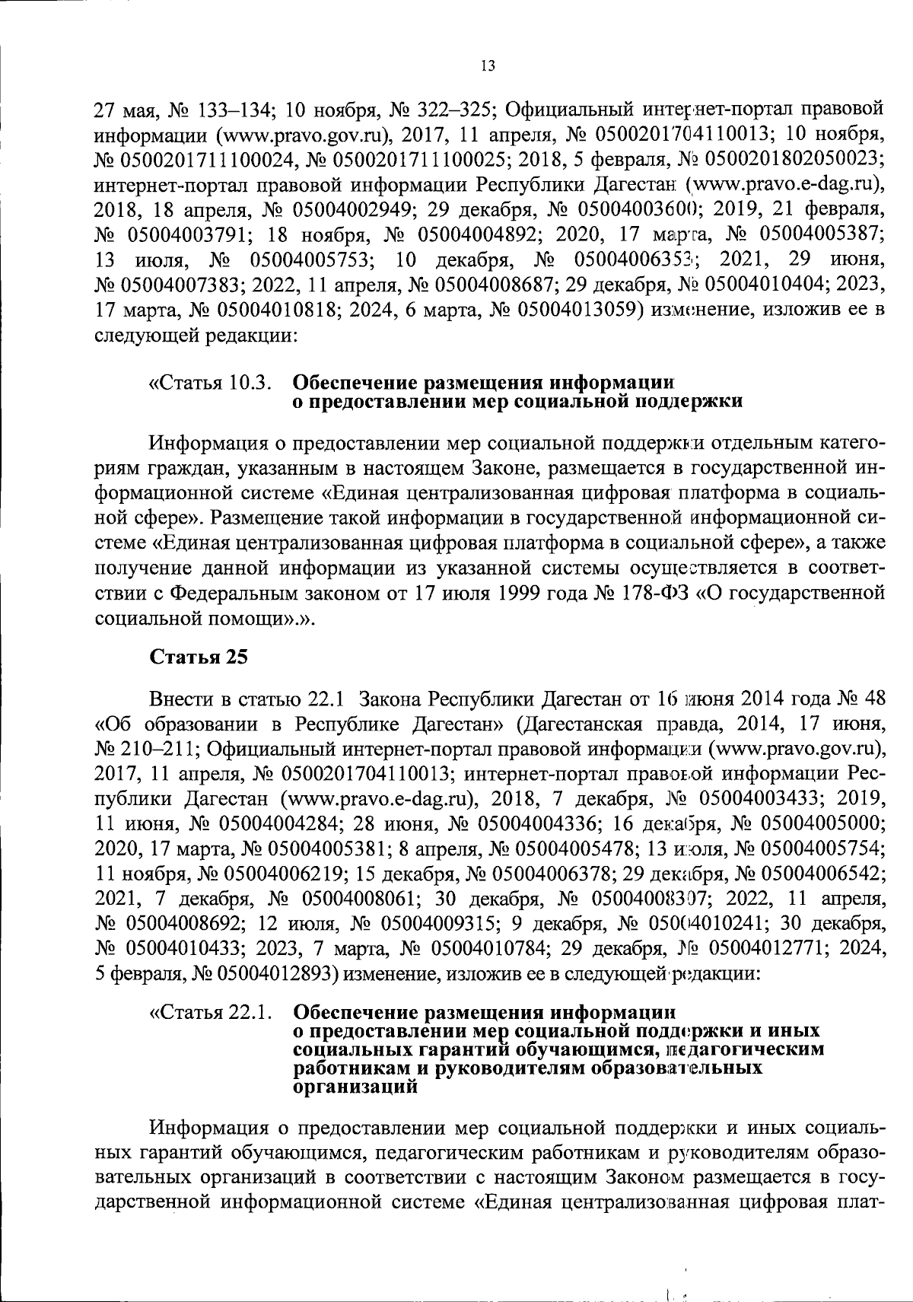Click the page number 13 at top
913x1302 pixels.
(x=488, y=66)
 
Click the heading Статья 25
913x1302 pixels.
(x=199, y=657)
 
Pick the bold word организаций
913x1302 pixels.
(x=355, y=1086)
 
